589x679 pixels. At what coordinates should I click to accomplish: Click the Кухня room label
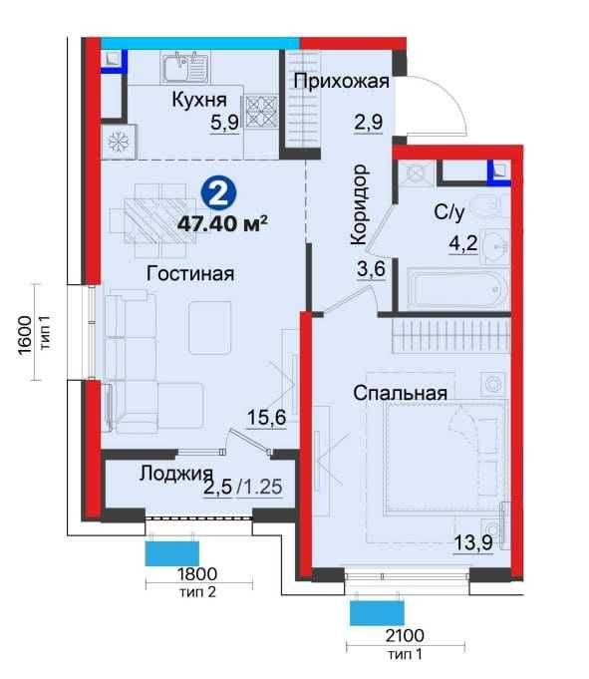[x=199, y=100]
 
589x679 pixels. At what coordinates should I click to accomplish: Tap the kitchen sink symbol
[x=185, y=67]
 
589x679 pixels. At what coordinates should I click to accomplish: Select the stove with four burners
[x=261, y=112]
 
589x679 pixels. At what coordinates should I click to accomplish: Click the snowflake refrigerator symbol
[x=118, y=142]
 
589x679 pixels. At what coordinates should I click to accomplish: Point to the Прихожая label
[x=342, y=81]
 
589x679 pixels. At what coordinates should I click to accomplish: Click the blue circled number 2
[x=219, y=195]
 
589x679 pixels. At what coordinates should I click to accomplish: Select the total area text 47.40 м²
[x=222, y=224]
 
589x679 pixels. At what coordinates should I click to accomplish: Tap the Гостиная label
[x=190, y=273]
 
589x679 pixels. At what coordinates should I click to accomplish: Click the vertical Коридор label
[x=360, y=204]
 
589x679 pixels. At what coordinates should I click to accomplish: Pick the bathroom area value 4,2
[x=463, y=244]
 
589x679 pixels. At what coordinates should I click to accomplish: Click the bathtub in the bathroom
[x=458, y=288]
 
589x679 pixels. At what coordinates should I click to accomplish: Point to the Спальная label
[x=400, y=393]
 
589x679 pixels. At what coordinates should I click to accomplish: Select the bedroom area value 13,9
[x=473, y=542]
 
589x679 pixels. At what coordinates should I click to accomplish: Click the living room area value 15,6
[x=266, y=418]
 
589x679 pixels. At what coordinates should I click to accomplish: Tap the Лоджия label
[x=176, y=474]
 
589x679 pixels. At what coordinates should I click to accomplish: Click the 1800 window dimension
[x=197, y=574]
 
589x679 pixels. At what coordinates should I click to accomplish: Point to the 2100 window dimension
[x=405, y=636]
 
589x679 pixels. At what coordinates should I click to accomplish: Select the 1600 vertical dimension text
[x=26, y=335]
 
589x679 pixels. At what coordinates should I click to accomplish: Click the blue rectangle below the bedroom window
[x=377, y=613]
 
